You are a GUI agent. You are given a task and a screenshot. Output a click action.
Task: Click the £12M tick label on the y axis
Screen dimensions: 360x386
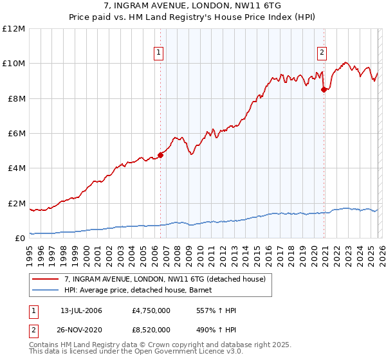pyautogui.click(x=14, y=29)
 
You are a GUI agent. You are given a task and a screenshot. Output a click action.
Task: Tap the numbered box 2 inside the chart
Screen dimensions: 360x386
pyautogui.click(x=322, y=53)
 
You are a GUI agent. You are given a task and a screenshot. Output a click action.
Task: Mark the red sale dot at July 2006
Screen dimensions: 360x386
pyautogui.click(x=160, y=155)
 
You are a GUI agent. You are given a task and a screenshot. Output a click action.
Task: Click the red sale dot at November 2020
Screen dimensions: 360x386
pyautogui.click(x=324, y=89)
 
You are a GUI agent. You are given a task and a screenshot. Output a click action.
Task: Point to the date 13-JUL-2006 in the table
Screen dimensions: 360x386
pyautogui.click(x=81, y=310)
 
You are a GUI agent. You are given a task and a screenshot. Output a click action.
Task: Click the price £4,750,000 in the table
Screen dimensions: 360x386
pyautogui.click(x=150, y=310)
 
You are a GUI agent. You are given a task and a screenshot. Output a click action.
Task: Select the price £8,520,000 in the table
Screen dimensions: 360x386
pyautogui.click(x=150, y=330)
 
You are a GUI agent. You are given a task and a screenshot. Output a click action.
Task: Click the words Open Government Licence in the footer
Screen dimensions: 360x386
pyautogui.click(x=187, y=352)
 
